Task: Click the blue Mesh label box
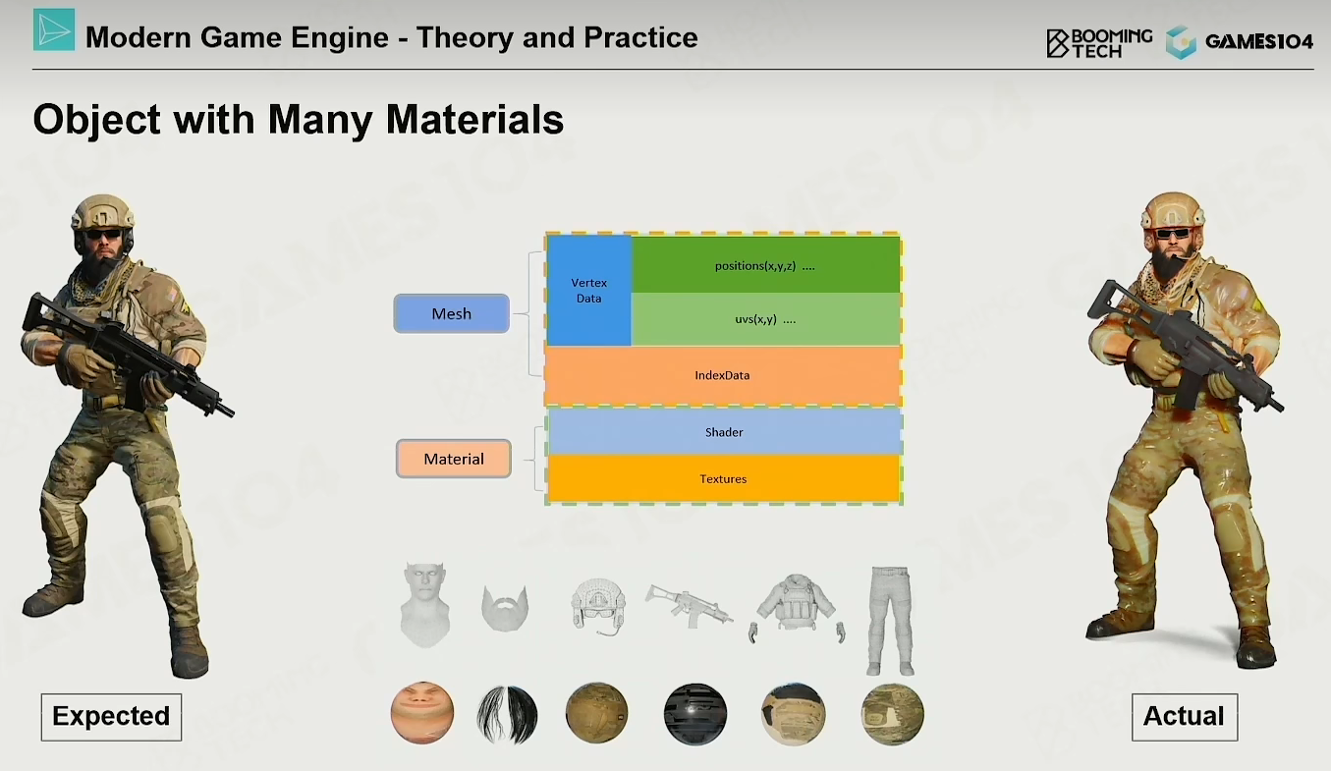click(452, 313)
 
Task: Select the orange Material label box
click(454, 459)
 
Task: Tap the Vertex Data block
click(588, 291)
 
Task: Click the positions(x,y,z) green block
click(765, 265)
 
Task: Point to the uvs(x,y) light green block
click(765, 319)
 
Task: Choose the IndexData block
click(723, 375)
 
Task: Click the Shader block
click(724, 432)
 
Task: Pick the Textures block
click(723, 478)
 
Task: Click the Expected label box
click(111, 717)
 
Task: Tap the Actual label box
click(1185, 717)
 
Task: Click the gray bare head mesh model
click(424, 605)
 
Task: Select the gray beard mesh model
click(505, 608)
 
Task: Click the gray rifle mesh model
click(689, 606)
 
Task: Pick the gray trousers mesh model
click(890, 621)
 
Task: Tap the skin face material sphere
click(422, 713)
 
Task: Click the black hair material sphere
click(507, 715)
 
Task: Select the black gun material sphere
click(695, 715)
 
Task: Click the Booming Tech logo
click(1099, 43)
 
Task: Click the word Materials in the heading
click(474, 120)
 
